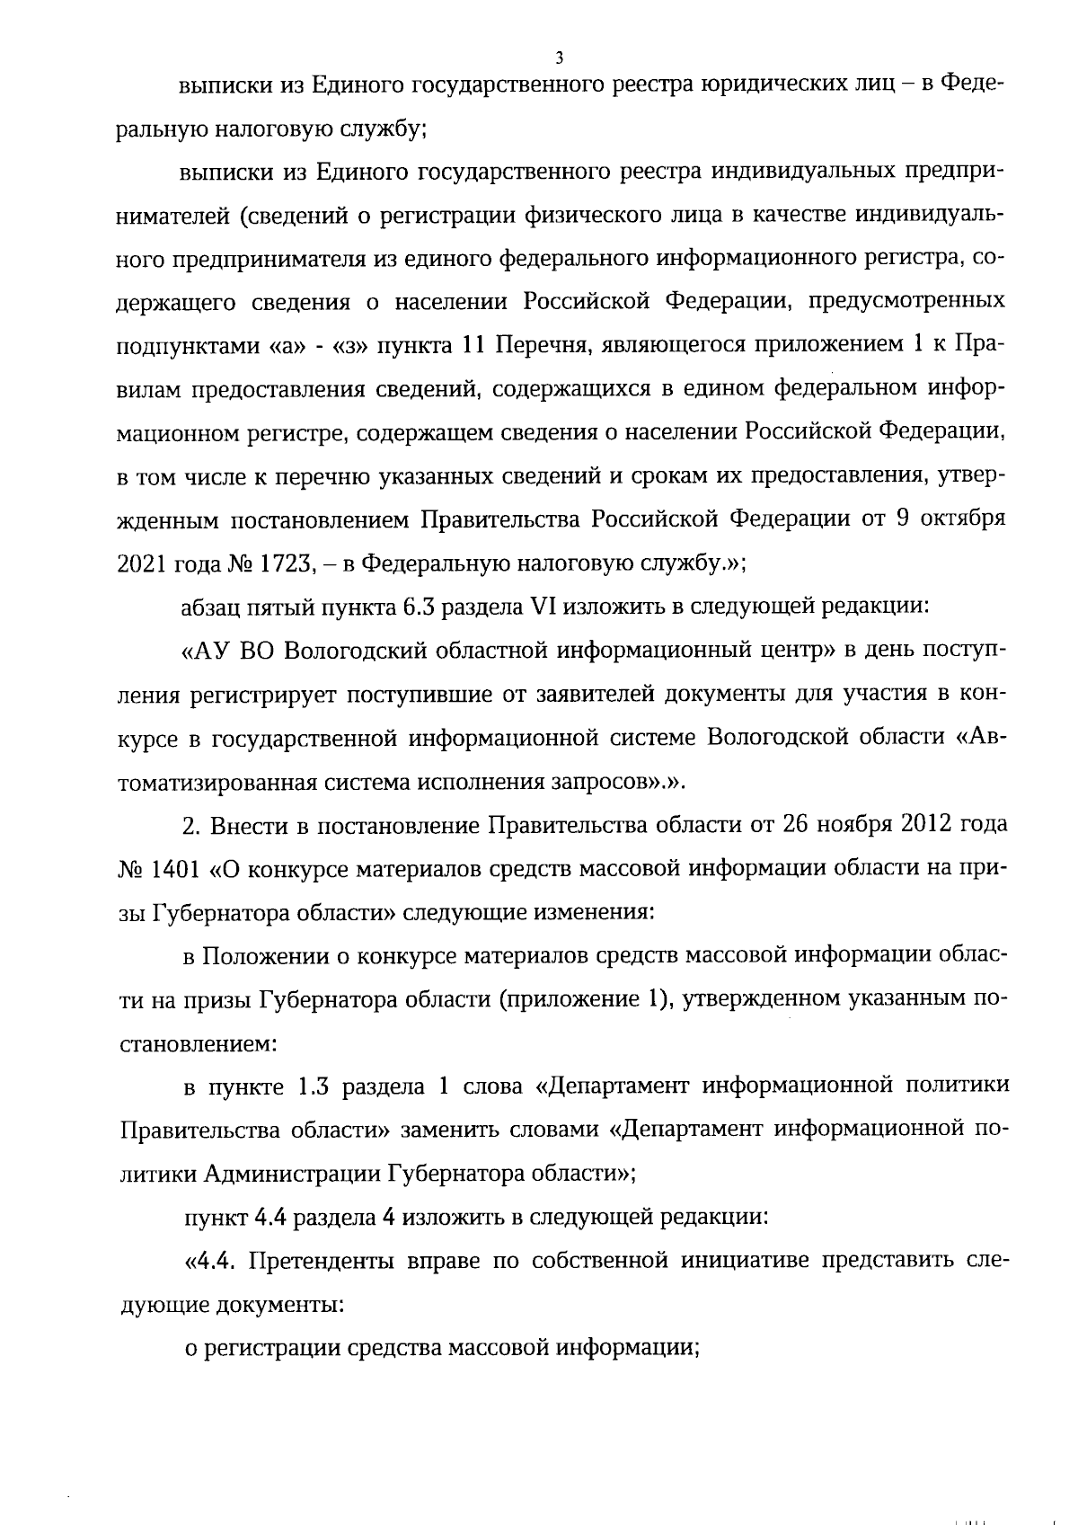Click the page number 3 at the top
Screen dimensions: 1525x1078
[x=559, y=58]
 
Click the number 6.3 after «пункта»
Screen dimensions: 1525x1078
[x=413, y=606]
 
